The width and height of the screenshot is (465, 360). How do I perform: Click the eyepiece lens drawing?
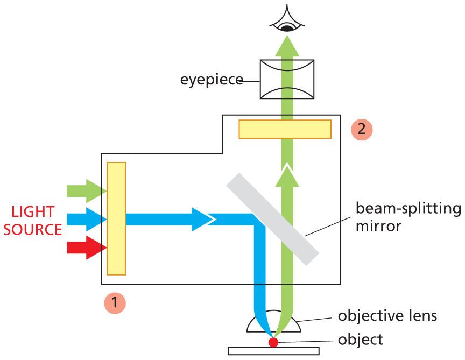click(x=287, y=79)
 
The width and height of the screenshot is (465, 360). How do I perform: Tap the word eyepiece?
click(x=212, y=80)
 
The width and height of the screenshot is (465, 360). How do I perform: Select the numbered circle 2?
click(x=361, y=129)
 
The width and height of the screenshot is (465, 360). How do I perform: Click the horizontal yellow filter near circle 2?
click(x=285, y=129)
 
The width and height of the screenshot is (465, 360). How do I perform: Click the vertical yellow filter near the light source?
click(x=116, y=218)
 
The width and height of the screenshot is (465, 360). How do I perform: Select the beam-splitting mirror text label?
click(x=407, y=217)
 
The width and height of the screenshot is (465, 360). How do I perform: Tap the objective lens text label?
click(x=387, y=315)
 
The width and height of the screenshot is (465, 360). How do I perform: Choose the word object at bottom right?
click(x=360, y=340)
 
